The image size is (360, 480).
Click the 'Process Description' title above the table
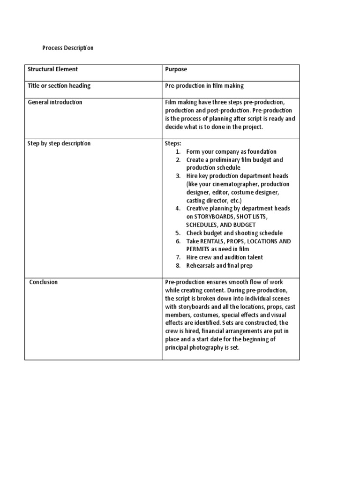pyautogui.click(x=68, y=48)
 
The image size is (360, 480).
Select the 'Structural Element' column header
pyautogui.click(x=53, y=69)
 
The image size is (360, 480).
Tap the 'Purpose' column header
pyautogui.click(x=176, y=69)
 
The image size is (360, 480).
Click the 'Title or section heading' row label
pyautogui.click(x=60, y=86)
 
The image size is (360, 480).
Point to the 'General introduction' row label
pyautogui.click(x=55, y=102)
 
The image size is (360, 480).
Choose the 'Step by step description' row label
pyautogui.click(x=60, y=143)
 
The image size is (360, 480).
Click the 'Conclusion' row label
pyautogui.click(x=44, y=282)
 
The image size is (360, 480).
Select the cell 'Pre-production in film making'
pyautogui.click(x=204, y=86)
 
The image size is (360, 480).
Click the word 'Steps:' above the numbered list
pyautogui.click(x=173, y=143)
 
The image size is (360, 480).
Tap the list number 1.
pyautogui.click(x=178, y=152)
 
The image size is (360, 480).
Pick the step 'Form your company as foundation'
pyautogui.click(x=232, y=152)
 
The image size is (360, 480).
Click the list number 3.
pyautogui.click(x=178, y=176)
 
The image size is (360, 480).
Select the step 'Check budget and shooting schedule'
pyautogui.click(x=234, y=233)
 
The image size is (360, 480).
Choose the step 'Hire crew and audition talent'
pyautogui.click(x=225, y=257)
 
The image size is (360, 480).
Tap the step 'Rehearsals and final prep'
pyautogui.click(x=219, y=266)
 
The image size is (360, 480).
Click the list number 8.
pyautogui.click(x=178, y=266)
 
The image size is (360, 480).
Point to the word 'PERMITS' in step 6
pyautogui.click(x=197, y=249)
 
